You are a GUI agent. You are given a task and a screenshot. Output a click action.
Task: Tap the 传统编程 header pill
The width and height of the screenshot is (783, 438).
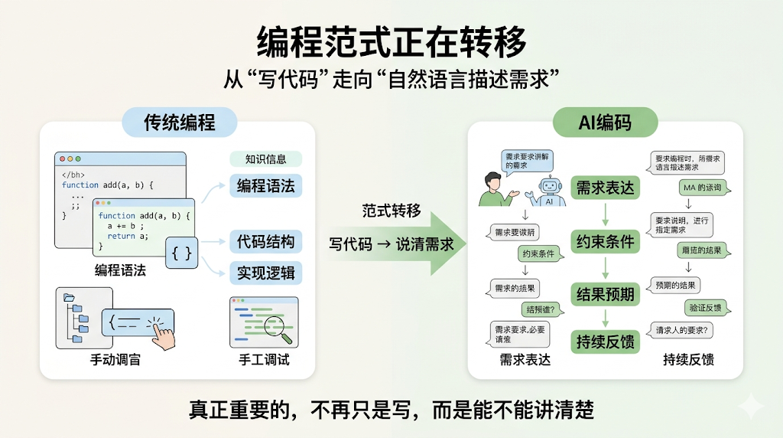pyautogui.click(x=180, y=122)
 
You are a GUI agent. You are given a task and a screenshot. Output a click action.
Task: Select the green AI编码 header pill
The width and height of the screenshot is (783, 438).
pyautogui.click(x=605, y=122)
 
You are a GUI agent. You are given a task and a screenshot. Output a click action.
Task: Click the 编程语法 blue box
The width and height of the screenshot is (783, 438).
pyautogui.click(x=265, y=185)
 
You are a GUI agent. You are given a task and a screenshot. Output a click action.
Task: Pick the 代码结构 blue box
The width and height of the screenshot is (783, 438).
pyautogui.click(x=265, y=242)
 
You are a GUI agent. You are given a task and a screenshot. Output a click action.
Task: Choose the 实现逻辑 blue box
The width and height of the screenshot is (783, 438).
pyautogui.click(x=265, y=273)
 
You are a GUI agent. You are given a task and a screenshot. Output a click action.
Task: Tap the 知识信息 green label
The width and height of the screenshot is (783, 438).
pyautogui.click(x=265, y=159)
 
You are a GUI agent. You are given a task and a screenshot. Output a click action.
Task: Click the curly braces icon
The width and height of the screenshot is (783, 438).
pyautogui.click(x=182, y=252)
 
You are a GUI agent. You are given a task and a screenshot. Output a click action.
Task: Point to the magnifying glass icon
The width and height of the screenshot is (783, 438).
pyautogui.click(x=278, y=329)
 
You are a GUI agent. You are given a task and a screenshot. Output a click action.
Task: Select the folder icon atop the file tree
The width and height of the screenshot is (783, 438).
pyautogui.click(x=68, y=298)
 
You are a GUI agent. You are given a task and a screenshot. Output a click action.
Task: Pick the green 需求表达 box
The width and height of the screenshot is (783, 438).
pyautogui.click(x=605, y=188)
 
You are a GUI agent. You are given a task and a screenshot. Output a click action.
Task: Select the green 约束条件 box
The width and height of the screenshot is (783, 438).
pyautogui.click(x=605, y=242)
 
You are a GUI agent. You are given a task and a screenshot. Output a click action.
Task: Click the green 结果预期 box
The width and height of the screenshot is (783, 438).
pyautogui.click(x=605, y=293)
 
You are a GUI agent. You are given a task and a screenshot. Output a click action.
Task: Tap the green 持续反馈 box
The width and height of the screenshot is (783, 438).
pyautogui.click(x=605, y=341)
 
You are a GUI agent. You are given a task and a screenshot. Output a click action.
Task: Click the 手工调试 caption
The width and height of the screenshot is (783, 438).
pyautogui.click(x=264, y=359)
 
